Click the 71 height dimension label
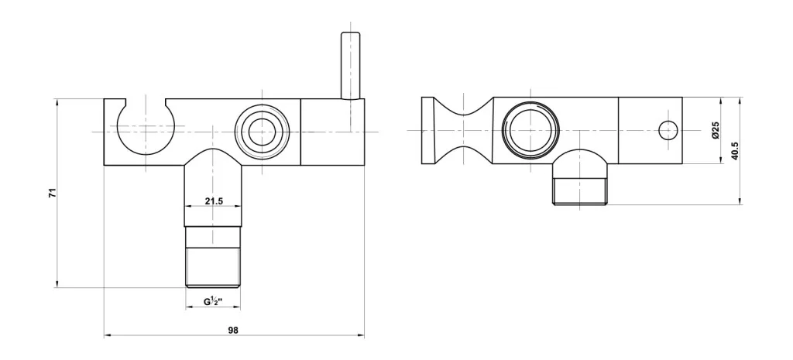click(x=52, y=192)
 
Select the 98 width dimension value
click(x=232, y=330)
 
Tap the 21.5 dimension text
click(x=214, y=201)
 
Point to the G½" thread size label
click(x=214, y=302)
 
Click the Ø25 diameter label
click(x=715, y=130)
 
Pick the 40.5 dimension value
click(x=735, y=151)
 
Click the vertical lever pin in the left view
click(x=351, y=65)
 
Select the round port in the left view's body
click(x=263, y=132)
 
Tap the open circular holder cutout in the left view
click(x=146, y=126)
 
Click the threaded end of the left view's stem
click(x=213, y=267)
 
